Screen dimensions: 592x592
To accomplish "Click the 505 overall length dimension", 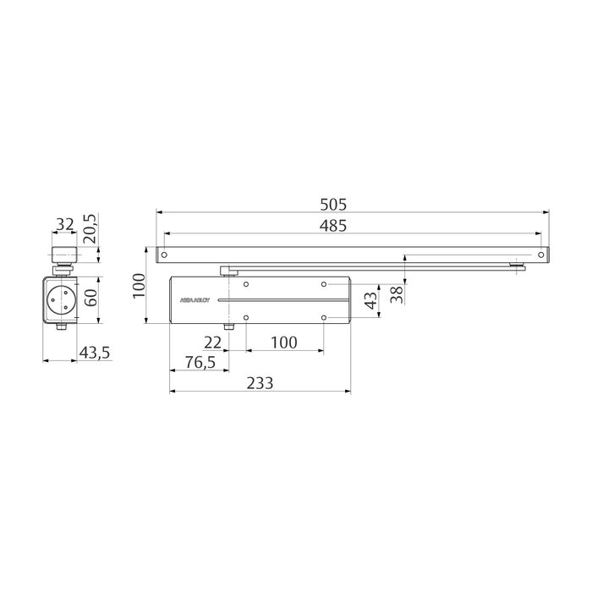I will (334, 205).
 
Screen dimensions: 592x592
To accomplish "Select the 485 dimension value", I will (334, 225).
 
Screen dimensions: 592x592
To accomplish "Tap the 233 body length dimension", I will (260, 382).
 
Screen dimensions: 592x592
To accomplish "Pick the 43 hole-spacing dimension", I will (369, 301).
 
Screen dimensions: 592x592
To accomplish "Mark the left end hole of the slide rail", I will (167, 253).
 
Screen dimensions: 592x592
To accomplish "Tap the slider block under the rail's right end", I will (517, 269).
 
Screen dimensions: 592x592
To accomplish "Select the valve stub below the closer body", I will (228, 327).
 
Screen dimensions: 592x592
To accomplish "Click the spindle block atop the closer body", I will (226, 270).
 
